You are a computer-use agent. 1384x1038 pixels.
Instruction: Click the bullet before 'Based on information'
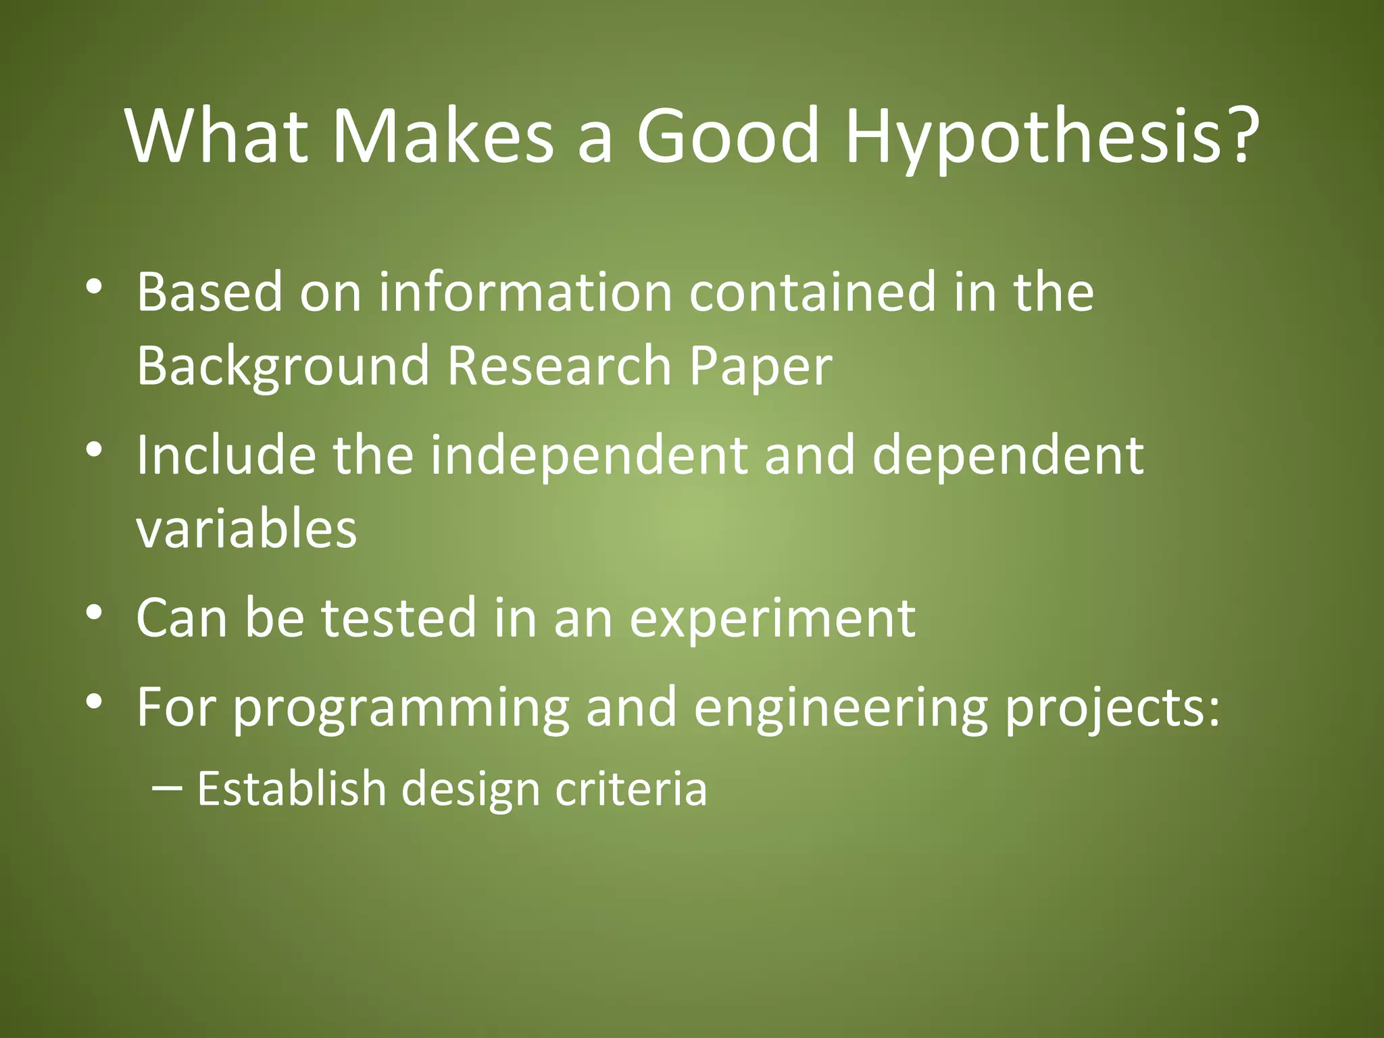(94, 287)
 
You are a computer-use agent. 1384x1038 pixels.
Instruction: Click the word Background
(283, 367)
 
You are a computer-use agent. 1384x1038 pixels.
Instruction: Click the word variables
(247, 529)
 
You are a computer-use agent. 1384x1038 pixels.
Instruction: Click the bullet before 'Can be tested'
(94, 612)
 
